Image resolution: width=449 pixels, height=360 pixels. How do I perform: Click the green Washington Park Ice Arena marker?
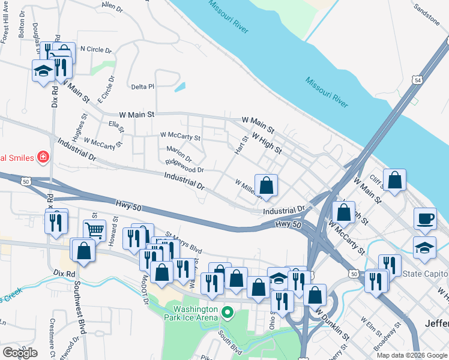coord(228,313)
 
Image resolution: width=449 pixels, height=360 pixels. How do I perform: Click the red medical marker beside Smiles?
coord(43,158)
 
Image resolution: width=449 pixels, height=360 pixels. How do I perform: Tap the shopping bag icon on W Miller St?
coord(266,185)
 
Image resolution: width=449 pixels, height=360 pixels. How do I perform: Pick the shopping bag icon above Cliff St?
coord(394,180)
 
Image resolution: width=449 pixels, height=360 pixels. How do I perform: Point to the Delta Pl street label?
coord(142,86)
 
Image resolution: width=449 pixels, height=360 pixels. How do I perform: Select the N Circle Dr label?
coord(96,49)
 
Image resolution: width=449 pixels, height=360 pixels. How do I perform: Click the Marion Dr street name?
coord(178,155)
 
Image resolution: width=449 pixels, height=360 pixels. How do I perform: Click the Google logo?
coord(20,353)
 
